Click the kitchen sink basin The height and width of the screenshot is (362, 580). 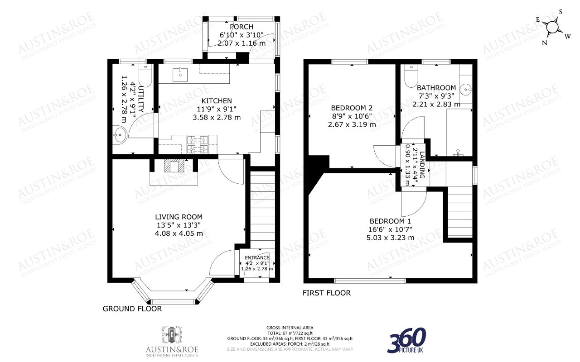coord(180,74)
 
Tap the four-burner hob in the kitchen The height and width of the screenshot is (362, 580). coord(197,144)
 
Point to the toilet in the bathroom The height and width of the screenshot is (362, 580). coord(411,76)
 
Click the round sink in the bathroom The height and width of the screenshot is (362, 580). coord(466,90)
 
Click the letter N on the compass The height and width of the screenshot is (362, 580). coord(544,43)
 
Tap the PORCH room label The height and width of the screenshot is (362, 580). coord(242,27)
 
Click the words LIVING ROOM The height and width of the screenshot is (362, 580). coord(179,217)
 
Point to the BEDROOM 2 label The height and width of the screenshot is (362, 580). coord(352,108)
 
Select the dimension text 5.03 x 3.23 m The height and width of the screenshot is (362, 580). coord(390,238)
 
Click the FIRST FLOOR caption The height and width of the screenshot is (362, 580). coord(327,293)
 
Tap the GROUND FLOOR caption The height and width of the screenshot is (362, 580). coord(132,309)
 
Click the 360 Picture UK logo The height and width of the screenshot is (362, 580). coord(406,340)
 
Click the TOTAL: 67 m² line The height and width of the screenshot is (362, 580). coord(290,333)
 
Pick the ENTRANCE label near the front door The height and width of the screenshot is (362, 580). coord(257,257)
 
